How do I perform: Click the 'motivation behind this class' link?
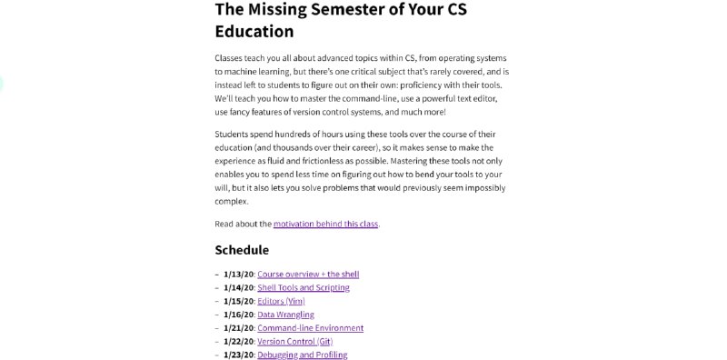click(x=325, y=223)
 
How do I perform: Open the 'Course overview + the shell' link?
click(x=308, y=274)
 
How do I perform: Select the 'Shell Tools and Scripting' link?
click(x=303, y=287)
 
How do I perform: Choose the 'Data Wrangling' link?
click(x=285, y=315)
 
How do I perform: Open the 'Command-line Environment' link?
click(x=310, y=328)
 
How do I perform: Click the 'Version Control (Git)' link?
click(x=294, y=342)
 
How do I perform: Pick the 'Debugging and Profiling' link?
click(x=302, y=355)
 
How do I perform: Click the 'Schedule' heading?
click(x=242, y=250)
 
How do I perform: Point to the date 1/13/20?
click(x=239, y=274)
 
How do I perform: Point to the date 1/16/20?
click(x=239, y=315)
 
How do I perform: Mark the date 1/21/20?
click(x=239, y=328)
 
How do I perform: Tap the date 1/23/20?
click(x=239, y=355)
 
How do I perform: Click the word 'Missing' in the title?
click(x=287, y=10)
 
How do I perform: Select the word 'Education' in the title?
click(x=254, y=32)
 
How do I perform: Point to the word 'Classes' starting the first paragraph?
click(x=231, y=56)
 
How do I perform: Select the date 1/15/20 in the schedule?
click(x=239, y=301)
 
